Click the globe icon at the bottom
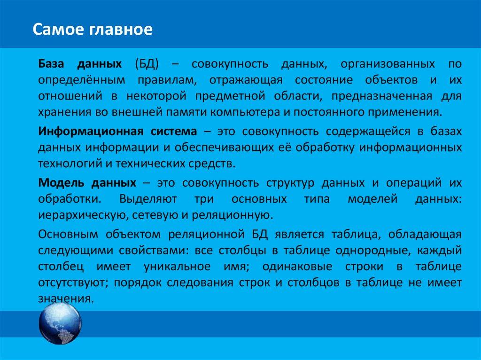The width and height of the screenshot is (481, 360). pyautogui.click(x=60, y=323)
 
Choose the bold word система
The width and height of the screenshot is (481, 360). pyautogui.click(x=173, y=131)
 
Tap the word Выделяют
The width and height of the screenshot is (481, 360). pyautogui.click(x=148, y=199)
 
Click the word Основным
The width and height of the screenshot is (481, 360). pyautogui.click(x=68, y=234)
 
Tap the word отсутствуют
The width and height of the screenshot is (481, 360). pyautogui.click(x=73, y=283)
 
